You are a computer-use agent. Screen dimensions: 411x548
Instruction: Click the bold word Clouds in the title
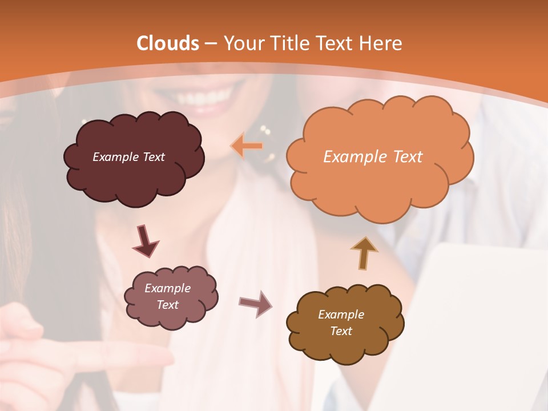(168, 43)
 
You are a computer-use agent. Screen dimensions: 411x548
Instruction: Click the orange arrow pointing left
(247, 146)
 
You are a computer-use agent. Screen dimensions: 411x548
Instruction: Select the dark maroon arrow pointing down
(146, 241)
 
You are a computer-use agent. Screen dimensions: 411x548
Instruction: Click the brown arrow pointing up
(364, 253)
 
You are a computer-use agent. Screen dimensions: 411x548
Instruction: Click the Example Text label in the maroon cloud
(128, 157)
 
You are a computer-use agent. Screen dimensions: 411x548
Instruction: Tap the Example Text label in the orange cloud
(373, 157)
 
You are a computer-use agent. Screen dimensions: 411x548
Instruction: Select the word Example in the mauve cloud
(167, 288)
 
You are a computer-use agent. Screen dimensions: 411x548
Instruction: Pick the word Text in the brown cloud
(341, 331)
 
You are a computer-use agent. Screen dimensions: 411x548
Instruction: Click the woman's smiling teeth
(212, 94)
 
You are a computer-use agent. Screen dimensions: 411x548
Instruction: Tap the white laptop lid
(479, 297)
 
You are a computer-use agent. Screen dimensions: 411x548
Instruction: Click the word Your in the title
(242, 43)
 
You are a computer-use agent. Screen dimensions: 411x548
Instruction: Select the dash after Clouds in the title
(211, 44)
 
